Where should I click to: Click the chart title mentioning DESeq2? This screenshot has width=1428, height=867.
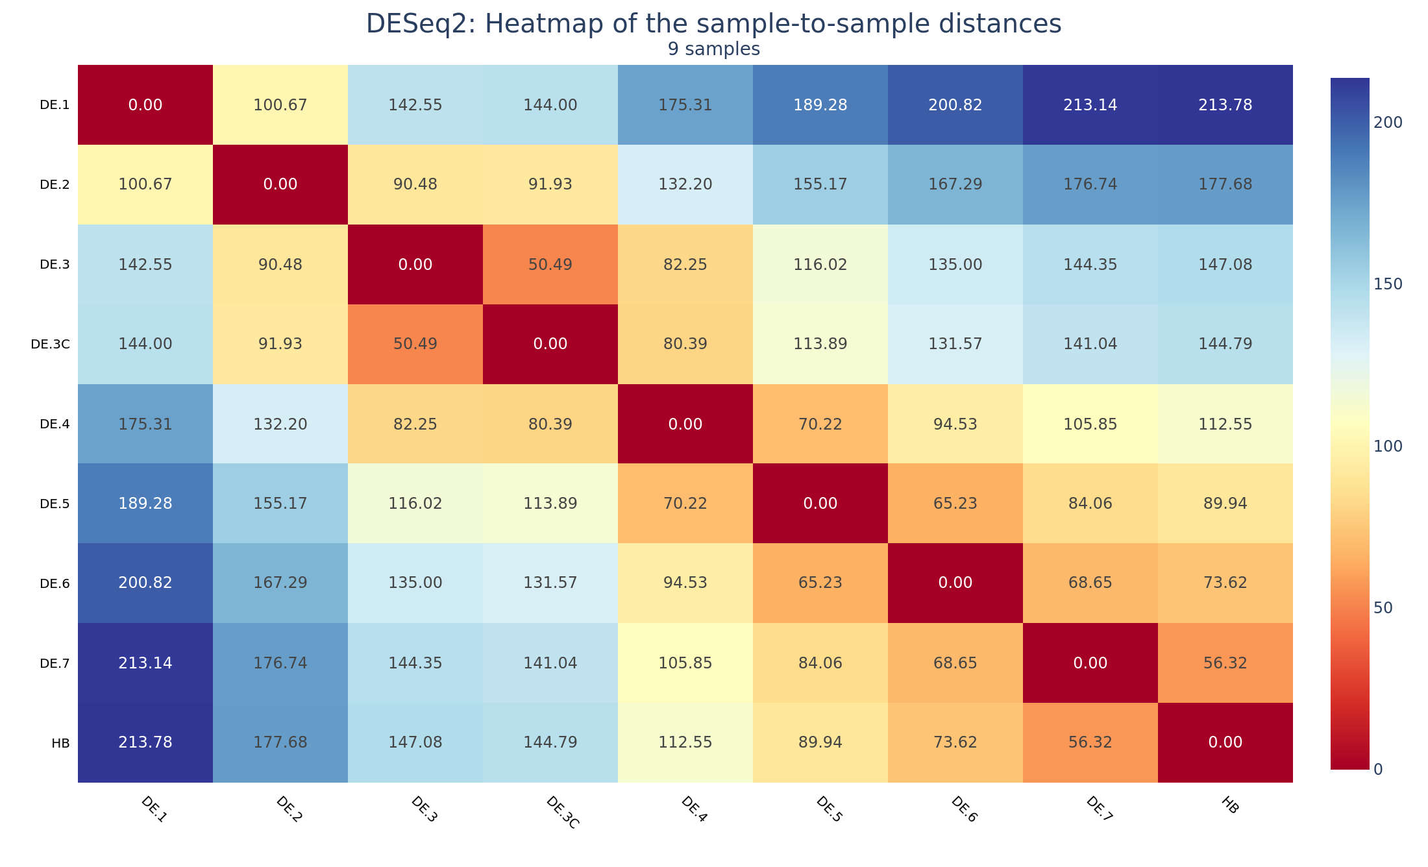point(713,24)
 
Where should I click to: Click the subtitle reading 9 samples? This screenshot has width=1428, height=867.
point(713,49)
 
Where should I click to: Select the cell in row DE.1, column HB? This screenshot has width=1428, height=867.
point(1225,105)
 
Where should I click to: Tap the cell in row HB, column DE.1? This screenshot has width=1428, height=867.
point(145,742)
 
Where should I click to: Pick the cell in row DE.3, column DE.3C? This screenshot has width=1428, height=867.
point(550,265)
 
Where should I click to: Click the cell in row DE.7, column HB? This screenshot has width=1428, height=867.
point(1225,663)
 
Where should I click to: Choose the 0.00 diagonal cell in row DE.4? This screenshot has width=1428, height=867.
point(685,424)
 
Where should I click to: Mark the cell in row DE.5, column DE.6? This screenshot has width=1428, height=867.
point(955,504)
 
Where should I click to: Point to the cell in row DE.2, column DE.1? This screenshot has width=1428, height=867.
point(145,184)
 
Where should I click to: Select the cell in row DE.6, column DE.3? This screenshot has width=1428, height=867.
point(415,583)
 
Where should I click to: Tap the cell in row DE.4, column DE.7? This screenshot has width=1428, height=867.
point(1090,424)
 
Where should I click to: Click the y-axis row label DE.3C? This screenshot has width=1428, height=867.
point(50,345)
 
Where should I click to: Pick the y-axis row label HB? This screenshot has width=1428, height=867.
point(60,743)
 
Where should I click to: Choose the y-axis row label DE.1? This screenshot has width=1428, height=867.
point(55,105)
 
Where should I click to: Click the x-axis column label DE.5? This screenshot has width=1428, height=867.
point(829,810)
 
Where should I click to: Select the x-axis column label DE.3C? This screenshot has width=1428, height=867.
point(562,812)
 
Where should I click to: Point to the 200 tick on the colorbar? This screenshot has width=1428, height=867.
point(1388,123)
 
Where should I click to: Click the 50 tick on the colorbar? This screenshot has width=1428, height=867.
point(1384,607)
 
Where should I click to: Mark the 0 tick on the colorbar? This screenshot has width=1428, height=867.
point(1379,769)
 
